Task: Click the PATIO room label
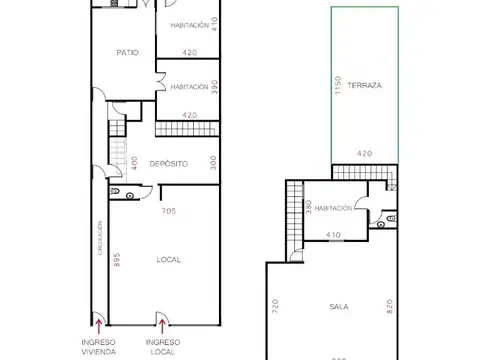point(127,52)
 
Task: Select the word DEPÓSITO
point(170,162)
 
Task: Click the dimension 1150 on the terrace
point(340,87)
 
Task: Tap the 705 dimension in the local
point(168,212)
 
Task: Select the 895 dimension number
point(116,262)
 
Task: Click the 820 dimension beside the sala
point(390,306)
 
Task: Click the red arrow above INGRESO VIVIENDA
point(98,320)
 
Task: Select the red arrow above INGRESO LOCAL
point(160,320)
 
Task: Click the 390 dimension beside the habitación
point(214,87)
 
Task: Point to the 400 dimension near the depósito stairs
point(134,162)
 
